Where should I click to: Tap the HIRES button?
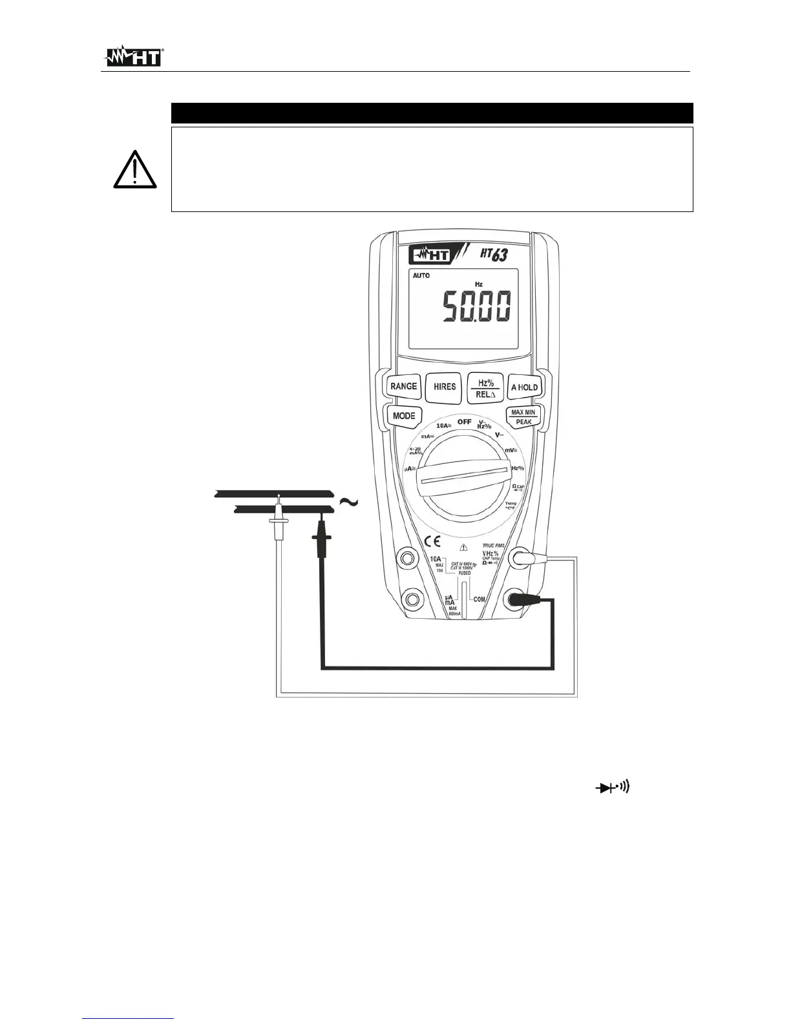[x=444, y=387]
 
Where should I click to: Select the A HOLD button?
[x=523, y=387]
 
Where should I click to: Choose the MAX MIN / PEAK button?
[x=523, y=417]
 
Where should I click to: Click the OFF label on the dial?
[x=464, y=421]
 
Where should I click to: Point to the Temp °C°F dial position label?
[x=511, y=506]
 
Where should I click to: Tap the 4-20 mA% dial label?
[x=416, y=451]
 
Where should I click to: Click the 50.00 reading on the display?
[x=476, y=307]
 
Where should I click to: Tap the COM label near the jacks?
[x=479, y=599]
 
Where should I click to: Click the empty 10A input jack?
[x=408, y=557]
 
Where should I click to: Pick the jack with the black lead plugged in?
[x=518, y=601]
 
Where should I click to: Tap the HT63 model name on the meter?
[x=492, y=255]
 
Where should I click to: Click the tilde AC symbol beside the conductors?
[x=348, y=502]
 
